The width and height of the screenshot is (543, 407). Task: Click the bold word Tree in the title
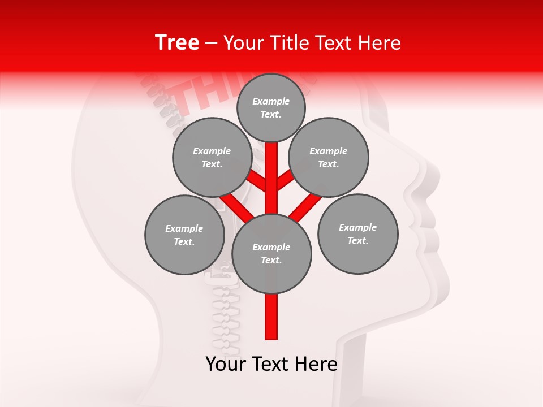pyautogui.click(x=177, y=43)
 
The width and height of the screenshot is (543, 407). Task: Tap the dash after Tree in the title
pyautogui.click(x=212, y=44)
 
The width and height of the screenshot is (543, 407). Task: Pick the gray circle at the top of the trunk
pyautogui.click(x=271, y=107)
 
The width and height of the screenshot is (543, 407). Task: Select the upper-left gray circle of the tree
pyautogui.click(x=212, y=158)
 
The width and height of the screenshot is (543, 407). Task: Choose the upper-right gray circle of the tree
pyautogui.click(x=329, y=158)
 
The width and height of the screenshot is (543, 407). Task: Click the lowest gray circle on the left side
pyautogui.click(x=184, y=235)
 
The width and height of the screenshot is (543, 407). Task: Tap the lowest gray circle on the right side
pyautogui.click(x=357, y=233)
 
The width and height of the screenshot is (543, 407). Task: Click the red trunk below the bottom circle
pyautogui.click(x=271, y=317)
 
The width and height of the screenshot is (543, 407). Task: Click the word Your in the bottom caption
pyautogui.click(x=226, y=364)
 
